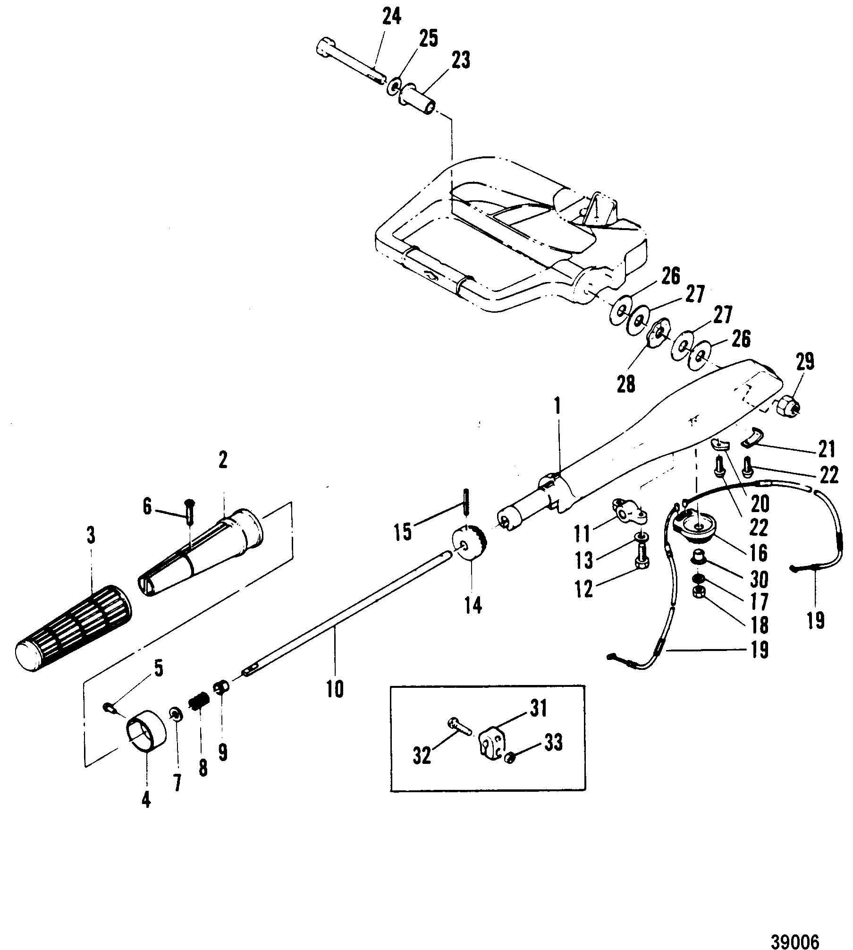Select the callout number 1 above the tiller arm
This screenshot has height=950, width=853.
pyautogui.click(x=558, y=410)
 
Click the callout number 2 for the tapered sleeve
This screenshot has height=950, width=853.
pyautogui.click(x=222, y=460)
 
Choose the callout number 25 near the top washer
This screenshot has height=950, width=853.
pyautogui.click(x=428, y=39)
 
